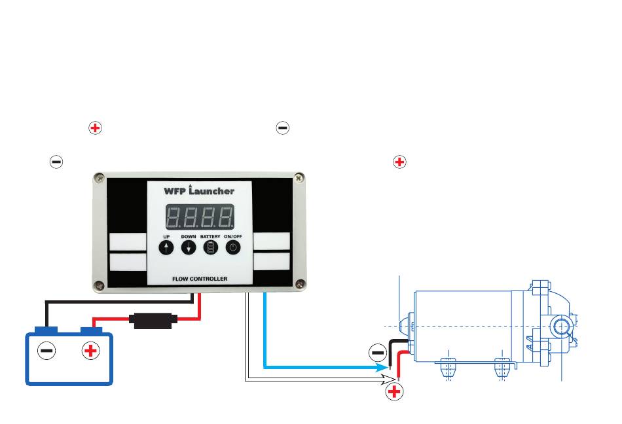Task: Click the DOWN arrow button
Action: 189,247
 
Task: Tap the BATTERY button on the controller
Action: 211,247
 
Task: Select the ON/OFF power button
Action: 234,247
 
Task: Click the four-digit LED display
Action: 200,216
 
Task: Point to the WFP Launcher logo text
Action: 199,190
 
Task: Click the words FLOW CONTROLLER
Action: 200,279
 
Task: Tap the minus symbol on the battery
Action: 46,351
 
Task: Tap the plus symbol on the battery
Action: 90,351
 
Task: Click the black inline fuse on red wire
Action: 152,321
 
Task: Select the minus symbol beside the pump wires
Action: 378,353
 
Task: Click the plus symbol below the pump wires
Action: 394,393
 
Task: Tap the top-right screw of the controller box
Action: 299,177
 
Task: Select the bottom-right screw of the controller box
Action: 299,284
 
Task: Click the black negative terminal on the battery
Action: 46,328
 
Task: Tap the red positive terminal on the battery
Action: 90,329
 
